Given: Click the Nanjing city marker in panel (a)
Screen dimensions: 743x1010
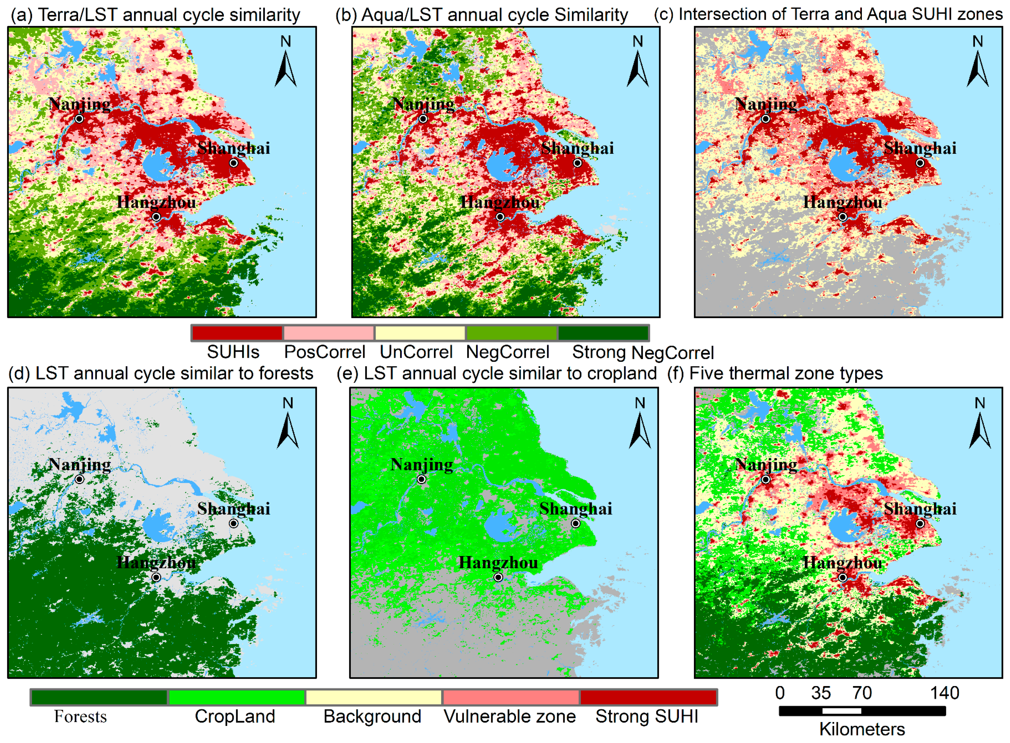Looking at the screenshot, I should coord(79,119).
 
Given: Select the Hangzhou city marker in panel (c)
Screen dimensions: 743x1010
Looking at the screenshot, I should coord(843,217).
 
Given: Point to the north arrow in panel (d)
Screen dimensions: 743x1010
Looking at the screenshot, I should coord(288,430).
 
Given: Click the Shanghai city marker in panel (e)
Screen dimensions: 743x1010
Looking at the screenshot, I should coord(576,523).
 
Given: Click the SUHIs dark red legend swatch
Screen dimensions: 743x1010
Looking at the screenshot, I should coord(237,333).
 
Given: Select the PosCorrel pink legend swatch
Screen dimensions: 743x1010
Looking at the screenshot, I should coord(329,333).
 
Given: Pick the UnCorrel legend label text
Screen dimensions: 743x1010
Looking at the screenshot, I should coord(416,352).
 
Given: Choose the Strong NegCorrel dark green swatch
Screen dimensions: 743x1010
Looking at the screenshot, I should coord(603,333).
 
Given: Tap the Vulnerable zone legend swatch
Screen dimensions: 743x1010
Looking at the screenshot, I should coord(511,697).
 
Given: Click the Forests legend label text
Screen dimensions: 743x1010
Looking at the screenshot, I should coord(80,717).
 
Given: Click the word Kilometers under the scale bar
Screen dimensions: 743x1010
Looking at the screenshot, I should coord(862,729).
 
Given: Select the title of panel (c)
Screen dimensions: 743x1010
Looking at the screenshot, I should coord(828,14).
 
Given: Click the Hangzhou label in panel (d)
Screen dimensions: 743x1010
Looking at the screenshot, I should coord(156,562).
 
